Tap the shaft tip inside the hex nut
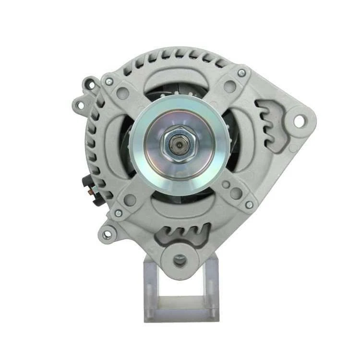(x=180, y=144)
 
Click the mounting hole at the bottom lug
(x=180, y=261)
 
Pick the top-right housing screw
(x=241, y=73)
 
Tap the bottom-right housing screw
(x=249, y=204)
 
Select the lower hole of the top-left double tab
(x=80, y=103)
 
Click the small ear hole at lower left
(x=107, y=234)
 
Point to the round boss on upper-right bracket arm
(x=230, y=86)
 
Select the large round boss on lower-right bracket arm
(x=236, y=193)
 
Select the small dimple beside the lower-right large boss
(x=225, y=184)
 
